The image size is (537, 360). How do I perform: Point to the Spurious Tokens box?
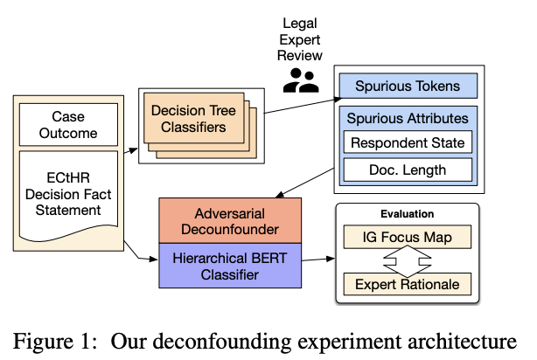[x=407, y=86]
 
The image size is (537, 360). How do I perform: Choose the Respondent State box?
[x=407, y=142]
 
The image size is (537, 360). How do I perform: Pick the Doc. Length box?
[x=407, y=170]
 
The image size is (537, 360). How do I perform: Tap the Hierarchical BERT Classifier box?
[x=230, y=266]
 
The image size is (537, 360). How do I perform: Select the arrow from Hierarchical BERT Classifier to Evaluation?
[x=317, y=260]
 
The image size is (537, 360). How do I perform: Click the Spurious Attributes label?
[x=407, y=117]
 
